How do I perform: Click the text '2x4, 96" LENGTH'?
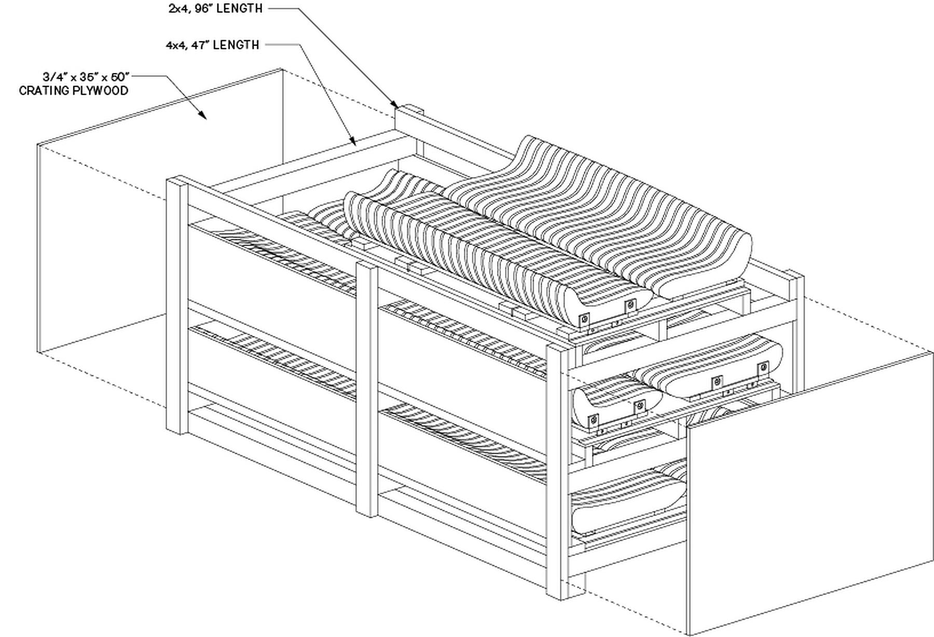[215, 8]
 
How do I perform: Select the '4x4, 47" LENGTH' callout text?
[212, 45]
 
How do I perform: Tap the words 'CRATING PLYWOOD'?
[74, 91]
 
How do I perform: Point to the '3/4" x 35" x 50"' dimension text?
[86, 77]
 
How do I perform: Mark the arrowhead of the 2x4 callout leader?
[395, 103]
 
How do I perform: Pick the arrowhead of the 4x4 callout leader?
[353, 141]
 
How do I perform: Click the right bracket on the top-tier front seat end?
[630, 306]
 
